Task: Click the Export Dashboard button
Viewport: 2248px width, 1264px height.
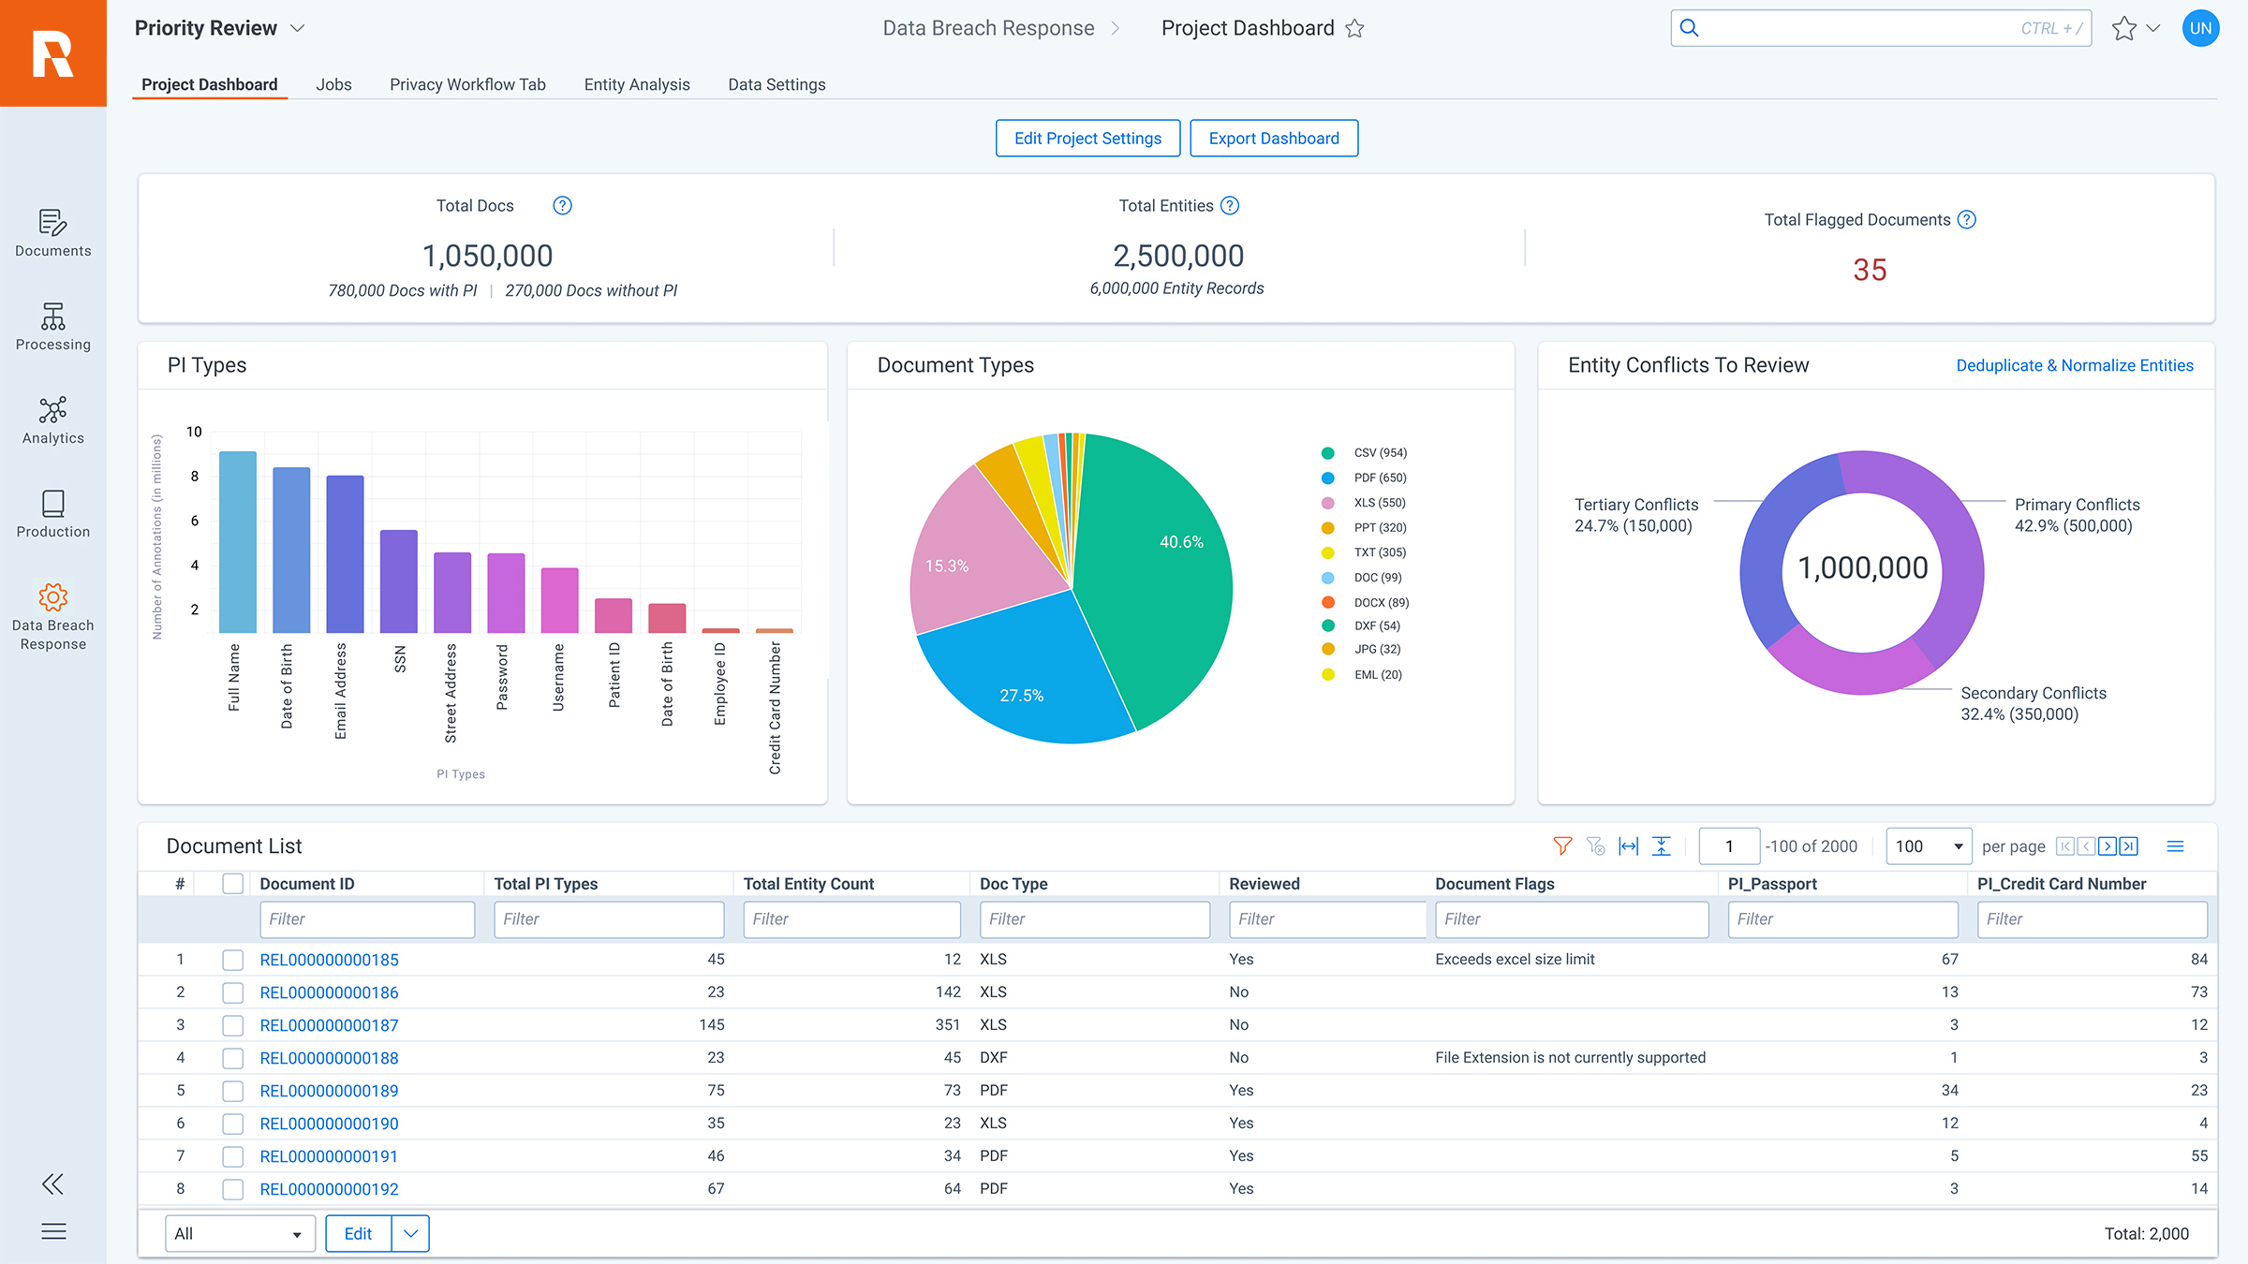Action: pos(1274,139)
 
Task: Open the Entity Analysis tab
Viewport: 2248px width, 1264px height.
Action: pos(637,84)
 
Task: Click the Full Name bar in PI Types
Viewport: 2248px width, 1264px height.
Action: pos(238,543)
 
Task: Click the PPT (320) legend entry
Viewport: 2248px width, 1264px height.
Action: pos(1379,528)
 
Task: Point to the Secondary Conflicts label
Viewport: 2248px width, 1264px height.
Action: pos(2033,694)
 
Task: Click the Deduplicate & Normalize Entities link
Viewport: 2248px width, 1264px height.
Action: pos(2075,365)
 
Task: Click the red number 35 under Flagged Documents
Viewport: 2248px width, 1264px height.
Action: pos(1870,271)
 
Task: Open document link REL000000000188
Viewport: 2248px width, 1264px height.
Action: pos(329,1058)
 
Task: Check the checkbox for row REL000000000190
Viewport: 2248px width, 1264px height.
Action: pos(233,1124)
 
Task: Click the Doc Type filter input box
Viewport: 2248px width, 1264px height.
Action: pos(1094,919)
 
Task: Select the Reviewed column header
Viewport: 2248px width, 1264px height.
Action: pos(1264,884)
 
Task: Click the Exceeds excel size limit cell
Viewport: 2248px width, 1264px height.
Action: pos(1515,959)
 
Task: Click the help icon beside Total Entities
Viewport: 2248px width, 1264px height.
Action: pos(1230,206)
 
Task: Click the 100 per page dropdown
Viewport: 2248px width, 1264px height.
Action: pos(1929,846)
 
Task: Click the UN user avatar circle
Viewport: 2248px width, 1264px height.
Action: pos(2200,28)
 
